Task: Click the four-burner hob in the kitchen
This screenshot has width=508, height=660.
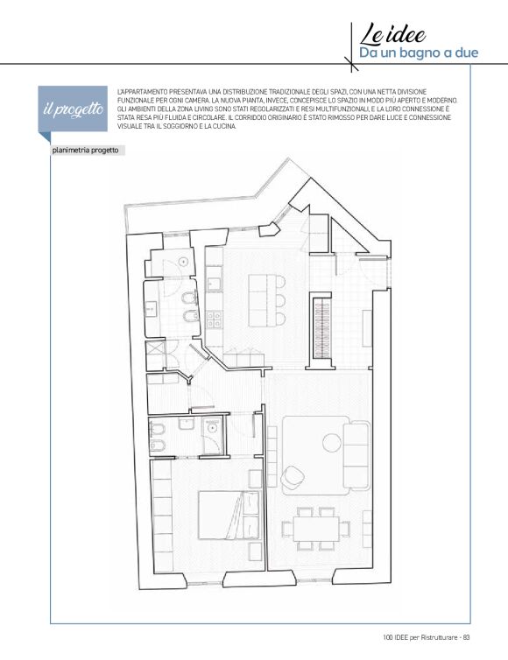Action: (214, 319)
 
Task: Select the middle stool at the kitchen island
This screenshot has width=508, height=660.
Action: (280, 300)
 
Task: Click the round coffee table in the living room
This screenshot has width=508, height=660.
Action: (332, 442)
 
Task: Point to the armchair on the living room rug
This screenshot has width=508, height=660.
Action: (293, 477)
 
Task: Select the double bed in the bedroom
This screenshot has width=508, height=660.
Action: (229, 515)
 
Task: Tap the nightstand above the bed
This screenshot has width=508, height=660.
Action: (256, 479)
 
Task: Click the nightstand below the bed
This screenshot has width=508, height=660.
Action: (256, 551)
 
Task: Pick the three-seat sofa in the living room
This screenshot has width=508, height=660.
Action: (356, 455)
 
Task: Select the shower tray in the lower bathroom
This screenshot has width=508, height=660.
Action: (213, 436)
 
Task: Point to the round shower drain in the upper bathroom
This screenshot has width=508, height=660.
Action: (183, 262)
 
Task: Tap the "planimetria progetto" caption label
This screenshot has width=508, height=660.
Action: (86, 150)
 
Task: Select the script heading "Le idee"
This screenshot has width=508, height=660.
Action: (392, 35)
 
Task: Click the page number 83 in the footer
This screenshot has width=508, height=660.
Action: (466, 637)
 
